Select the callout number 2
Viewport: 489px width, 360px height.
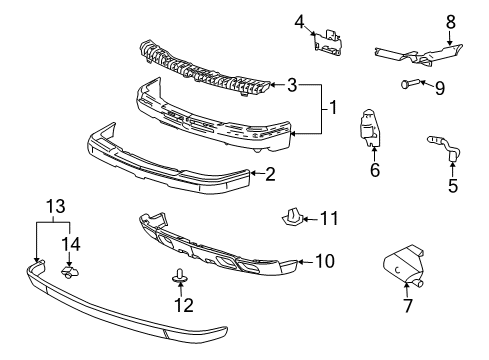point(269,174)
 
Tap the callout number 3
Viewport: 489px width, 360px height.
point(291,87)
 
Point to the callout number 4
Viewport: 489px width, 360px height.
point(299,21)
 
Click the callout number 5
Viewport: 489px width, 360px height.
point(452,184)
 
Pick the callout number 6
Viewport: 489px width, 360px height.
point(375,171)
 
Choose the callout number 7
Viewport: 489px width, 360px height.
point(407,306)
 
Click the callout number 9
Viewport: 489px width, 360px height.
point(439,88)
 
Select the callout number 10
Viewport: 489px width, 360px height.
point(324,261)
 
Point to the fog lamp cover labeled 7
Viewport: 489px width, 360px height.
point(407,267)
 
